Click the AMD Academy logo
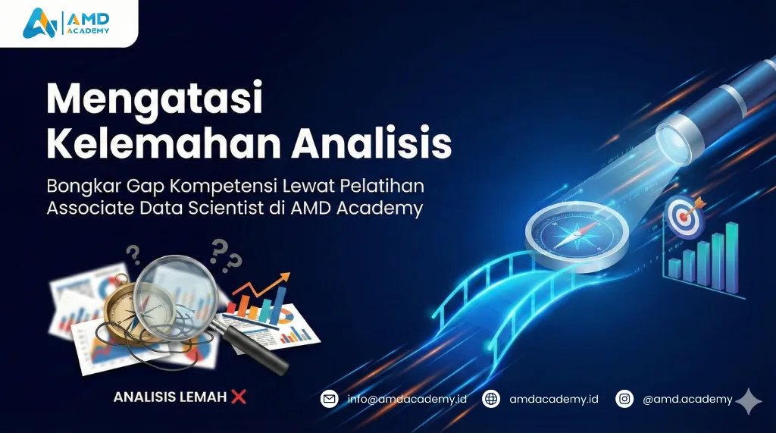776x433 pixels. tap(66, 22)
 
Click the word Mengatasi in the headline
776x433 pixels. tap(154, 99)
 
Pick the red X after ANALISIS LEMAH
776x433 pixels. tap(239, 396)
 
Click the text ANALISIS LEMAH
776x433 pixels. tap(170, 397)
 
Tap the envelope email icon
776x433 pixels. tap(329, 398)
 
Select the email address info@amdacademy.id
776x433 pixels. tap(407, 398)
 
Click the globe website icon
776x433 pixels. tap(491, 398)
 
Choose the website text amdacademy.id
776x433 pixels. tap(554, 398)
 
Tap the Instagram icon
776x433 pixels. tap(624, 398)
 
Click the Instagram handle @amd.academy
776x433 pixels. tap(687, 398)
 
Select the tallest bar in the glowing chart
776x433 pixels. tap(731, 257)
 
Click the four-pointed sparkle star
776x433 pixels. tap(749, 402)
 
